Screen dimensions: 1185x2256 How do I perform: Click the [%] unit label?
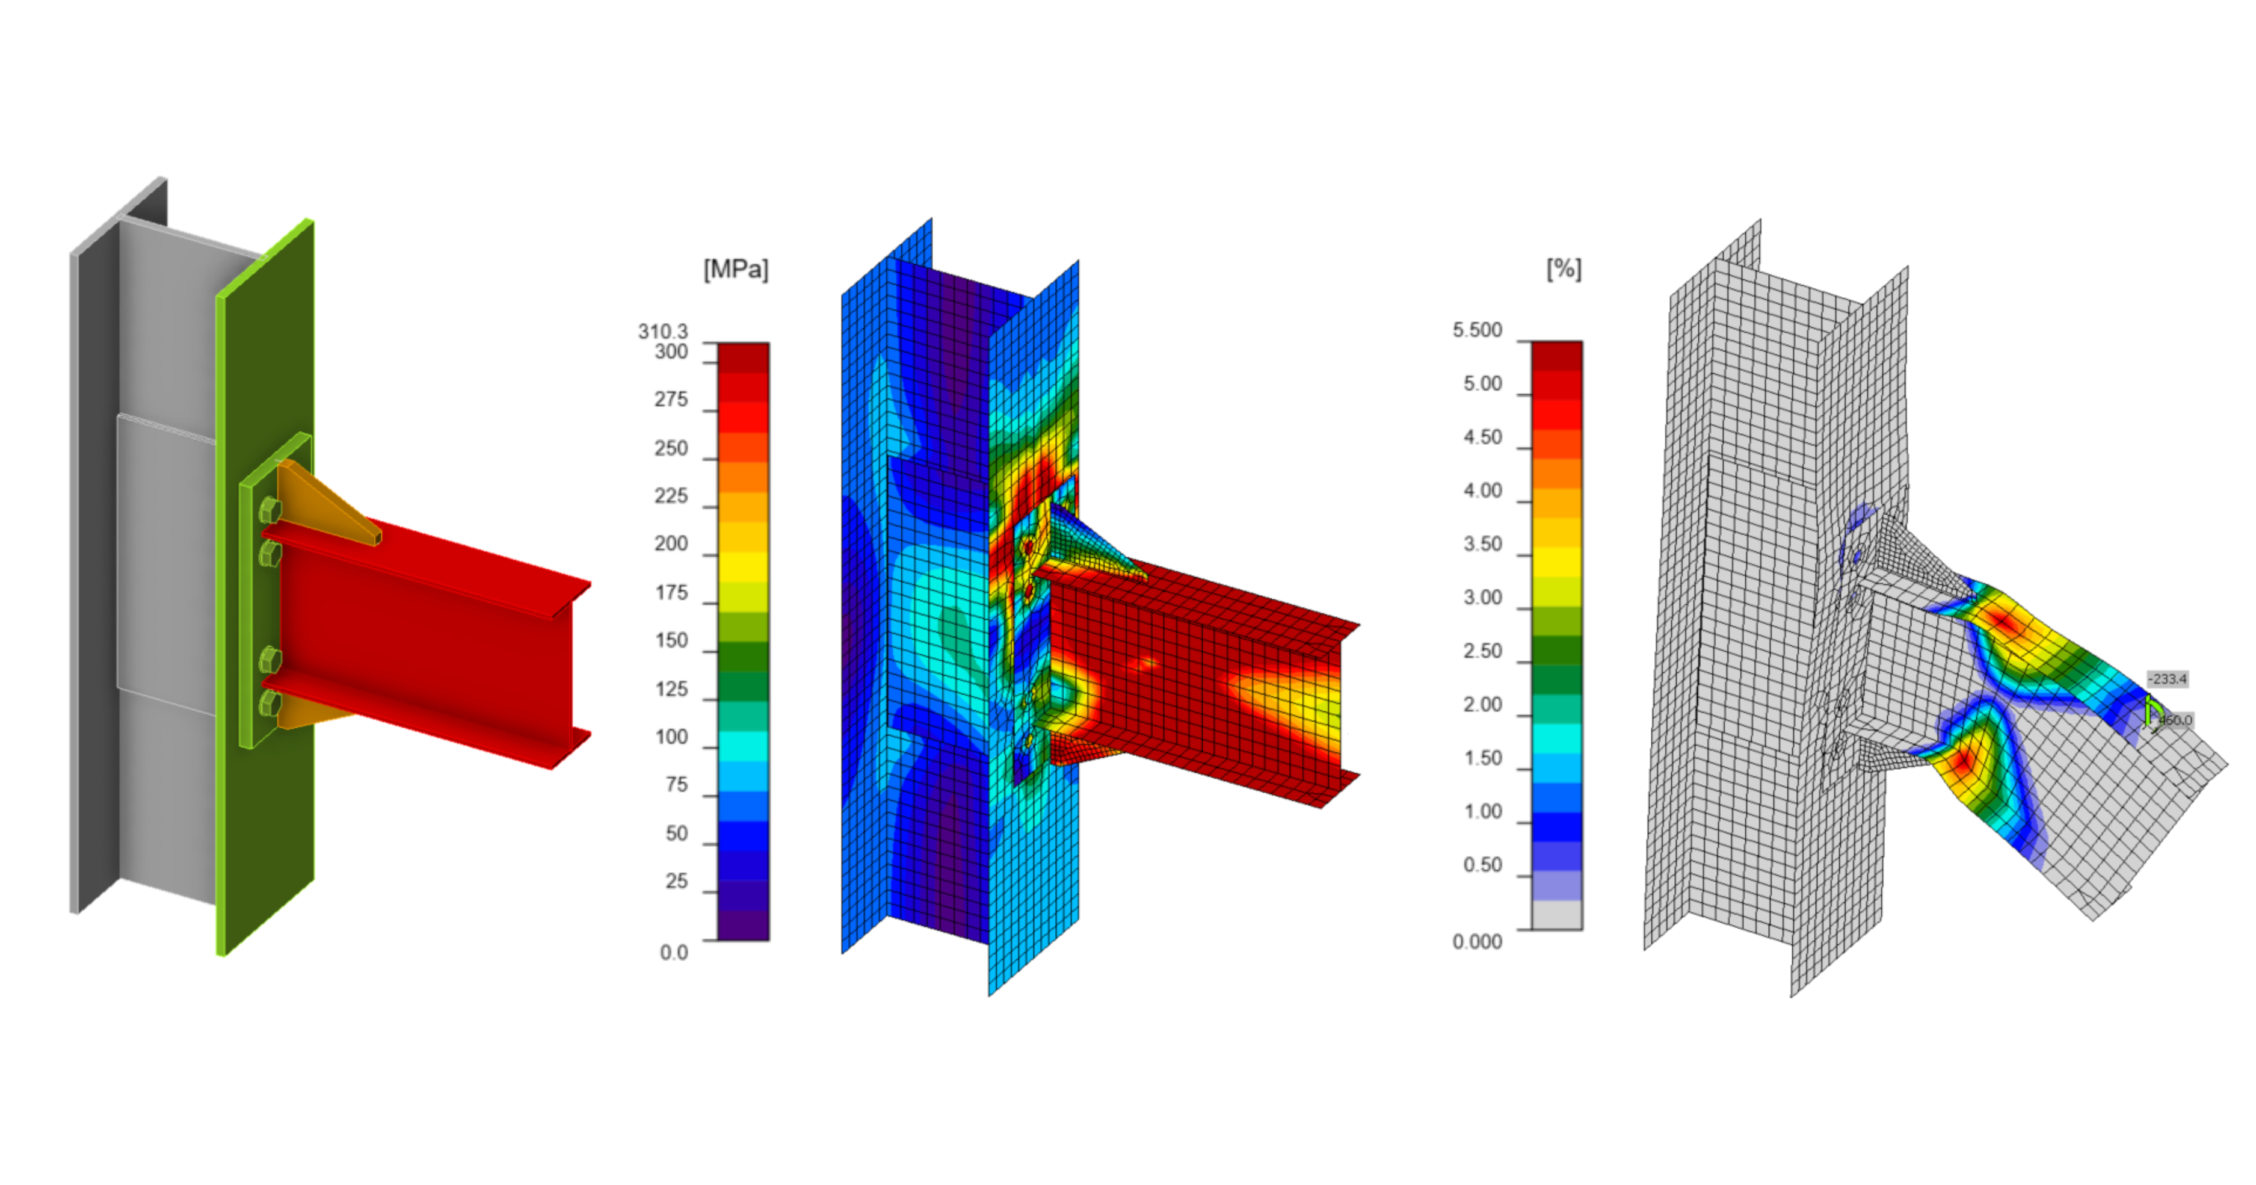click(x=1564, y=269)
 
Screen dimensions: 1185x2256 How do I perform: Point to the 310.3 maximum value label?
click(x=662, y=331)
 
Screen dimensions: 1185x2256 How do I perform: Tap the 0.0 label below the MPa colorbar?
click(x=673, y=952)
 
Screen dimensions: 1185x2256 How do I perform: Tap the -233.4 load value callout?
click(x=2167, y=679)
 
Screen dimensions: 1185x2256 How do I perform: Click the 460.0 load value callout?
click(x=2175, y=720)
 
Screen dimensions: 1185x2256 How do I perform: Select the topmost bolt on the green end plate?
click(x=269, y=510)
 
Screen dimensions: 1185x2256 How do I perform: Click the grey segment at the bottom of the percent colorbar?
click(x=1556, y=915)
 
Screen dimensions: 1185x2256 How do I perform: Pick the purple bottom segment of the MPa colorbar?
click(x=742, y=926)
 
